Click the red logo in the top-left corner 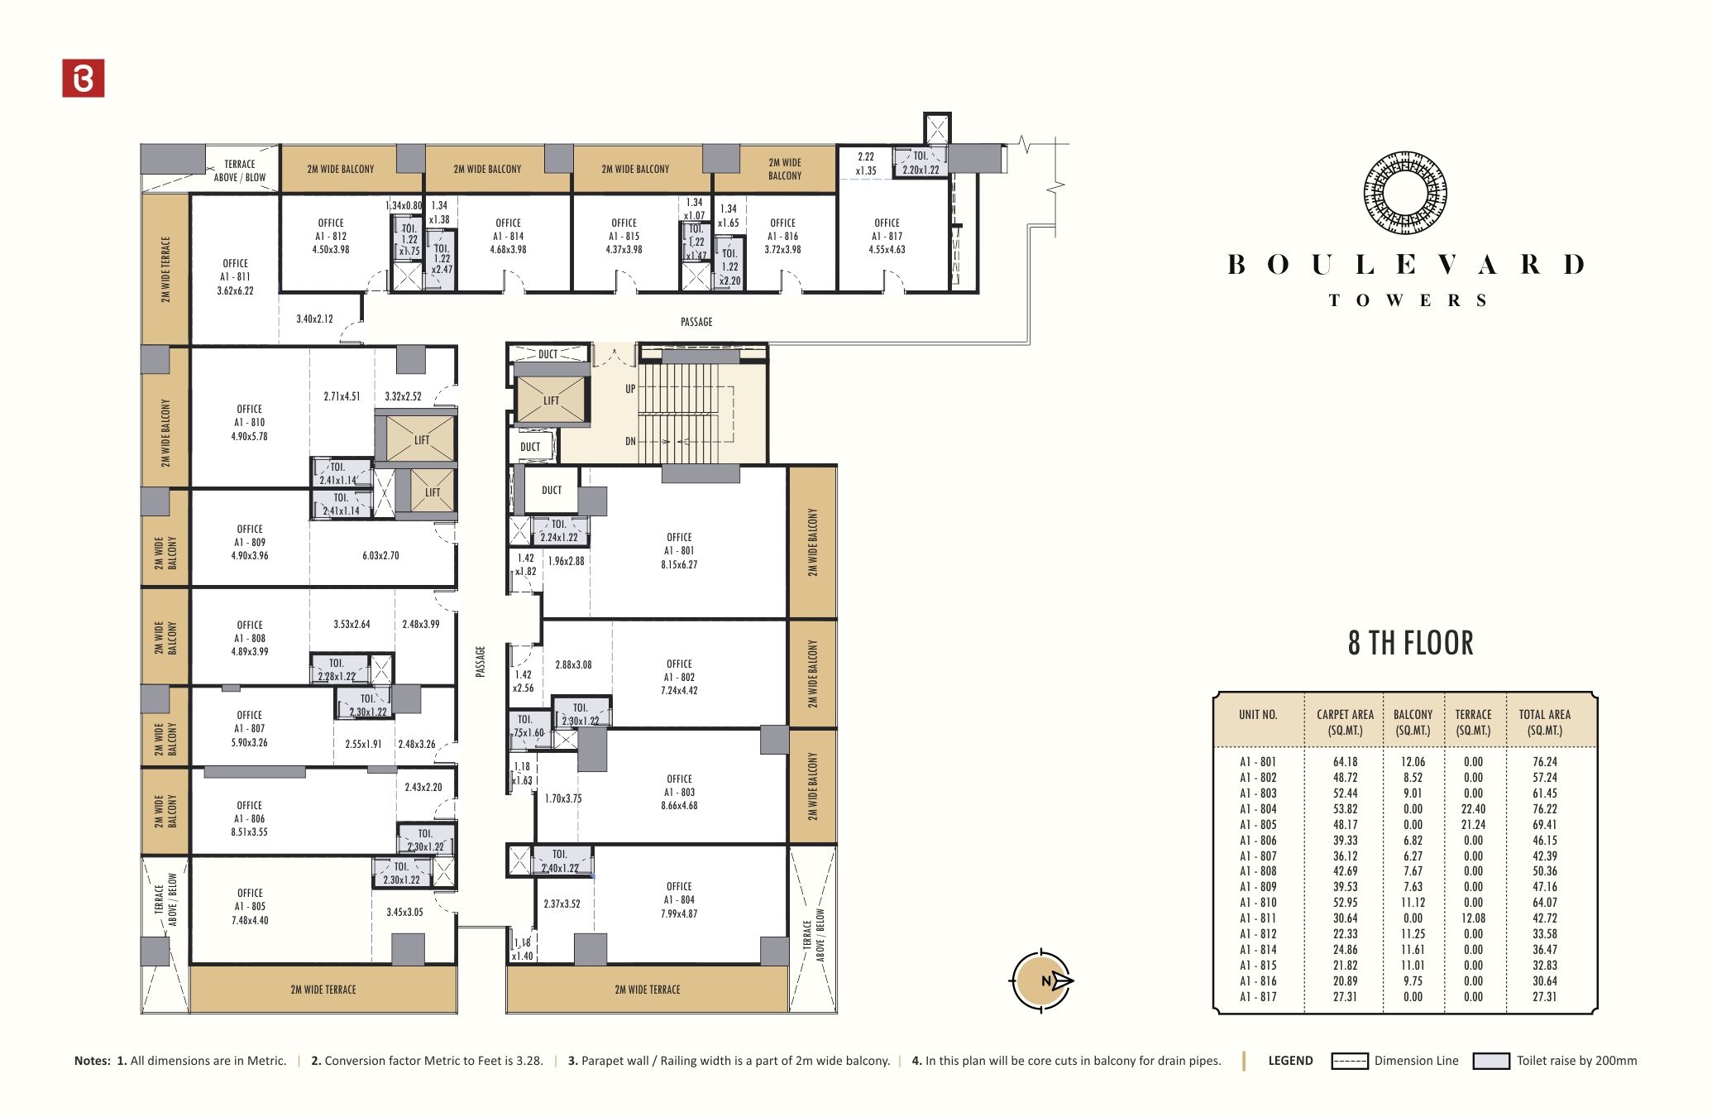(84, 78)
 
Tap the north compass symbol (1042, 980)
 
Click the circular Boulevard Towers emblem (1405, 192)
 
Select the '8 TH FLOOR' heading (1410, 643)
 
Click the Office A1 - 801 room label (679, 551)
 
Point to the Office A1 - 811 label (235, 277)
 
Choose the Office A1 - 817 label (887, 236)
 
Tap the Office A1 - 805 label (250, 907)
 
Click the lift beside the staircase (551, 400)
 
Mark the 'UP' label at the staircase (630, 389)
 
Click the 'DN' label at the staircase (630, 441)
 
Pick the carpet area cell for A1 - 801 (1345, 762)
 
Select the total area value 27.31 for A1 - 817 (1544, 997)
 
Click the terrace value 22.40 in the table (1473, 809)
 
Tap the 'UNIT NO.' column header (1258, 715)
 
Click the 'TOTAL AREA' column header (1544, 722)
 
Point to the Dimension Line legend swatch (1349, 1061)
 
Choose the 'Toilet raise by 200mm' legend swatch (1491, 1061)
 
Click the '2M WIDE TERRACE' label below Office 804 (648, 990)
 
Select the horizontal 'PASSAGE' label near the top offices (696, 322)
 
